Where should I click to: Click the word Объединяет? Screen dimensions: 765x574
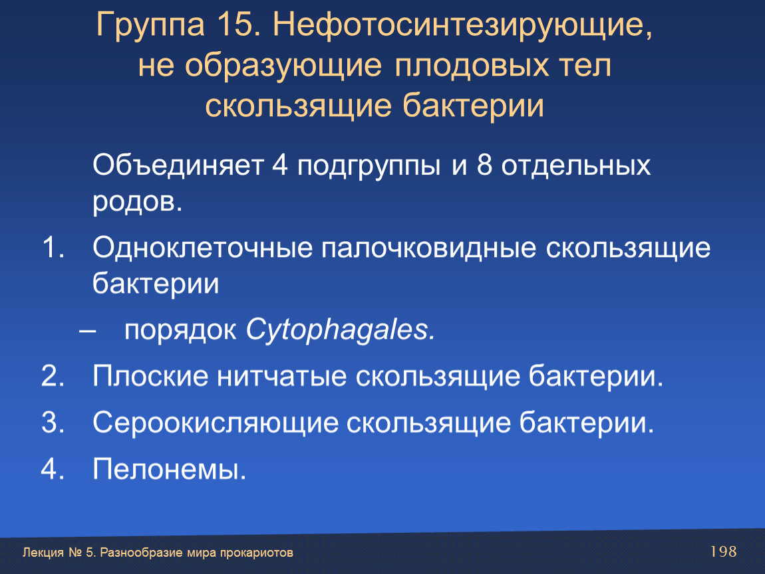coord(178,165)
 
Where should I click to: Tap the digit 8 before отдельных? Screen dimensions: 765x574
coord(484,165)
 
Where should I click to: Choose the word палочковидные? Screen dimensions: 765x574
coord(428,248)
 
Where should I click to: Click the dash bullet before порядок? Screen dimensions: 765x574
coord(87,332)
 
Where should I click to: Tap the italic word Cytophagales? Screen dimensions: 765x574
coord(340,331)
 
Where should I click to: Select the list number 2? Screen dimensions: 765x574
coord(53,375)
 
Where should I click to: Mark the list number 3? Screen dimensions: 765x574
coord(53,422)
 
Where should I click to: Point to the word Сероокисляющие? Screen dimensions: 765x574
coord(216,423)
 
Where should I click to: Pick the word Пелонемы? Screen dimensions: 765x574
coord(169,469)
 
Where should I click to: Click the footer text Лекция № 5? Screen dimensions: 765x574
coord(59,553)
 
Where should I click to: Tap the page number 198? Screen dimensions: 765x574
coord(723,551)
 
